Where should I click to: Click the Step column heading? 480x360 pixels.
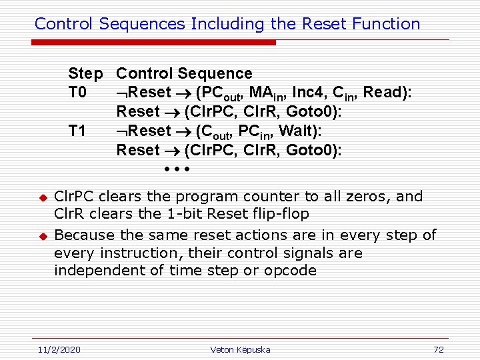click(x=85, y=73)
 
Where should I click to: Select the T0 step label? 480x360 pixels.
click(x=77, y=93)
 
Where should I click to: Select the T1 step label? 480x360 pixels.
click(x=77, y=131)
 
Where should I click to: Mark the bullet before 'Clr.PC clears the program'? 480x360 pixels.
click(x=41, y=198)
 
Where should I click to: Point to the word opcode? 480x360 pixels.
click(x=290, y=271)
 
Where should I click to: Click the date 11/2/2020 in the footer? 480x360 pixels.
click(x=58, y=349)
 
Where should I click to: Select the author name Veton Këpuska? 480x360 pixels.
click(x=240, y=349)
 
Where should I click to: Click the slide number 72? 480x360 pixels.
click(x=438, y=349)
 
